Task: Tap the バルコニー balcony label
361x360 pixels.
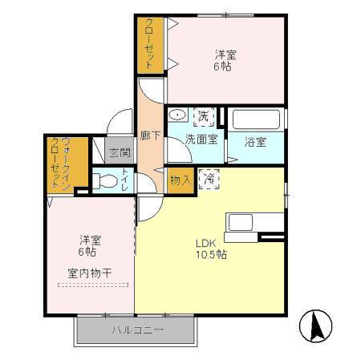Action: coord(137,330)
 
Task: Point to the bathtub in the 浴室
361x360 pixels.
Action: coord(256,119)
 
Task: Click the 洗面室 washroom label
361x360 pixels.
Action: coord(201,139)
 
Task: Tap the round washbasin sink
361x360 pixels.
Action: coord(177,115)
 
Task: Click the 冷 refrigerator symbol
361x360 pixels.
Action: coord(208,178)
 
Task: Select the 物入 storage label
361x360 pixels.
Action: coord(180,180)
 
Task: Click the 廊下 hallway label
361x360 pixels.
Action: coord(149,136)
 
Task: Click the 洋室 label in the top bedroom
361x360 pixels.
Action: coord(225,55)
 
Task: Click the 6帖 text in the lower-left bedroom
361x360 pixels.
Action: coord(87,252)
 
